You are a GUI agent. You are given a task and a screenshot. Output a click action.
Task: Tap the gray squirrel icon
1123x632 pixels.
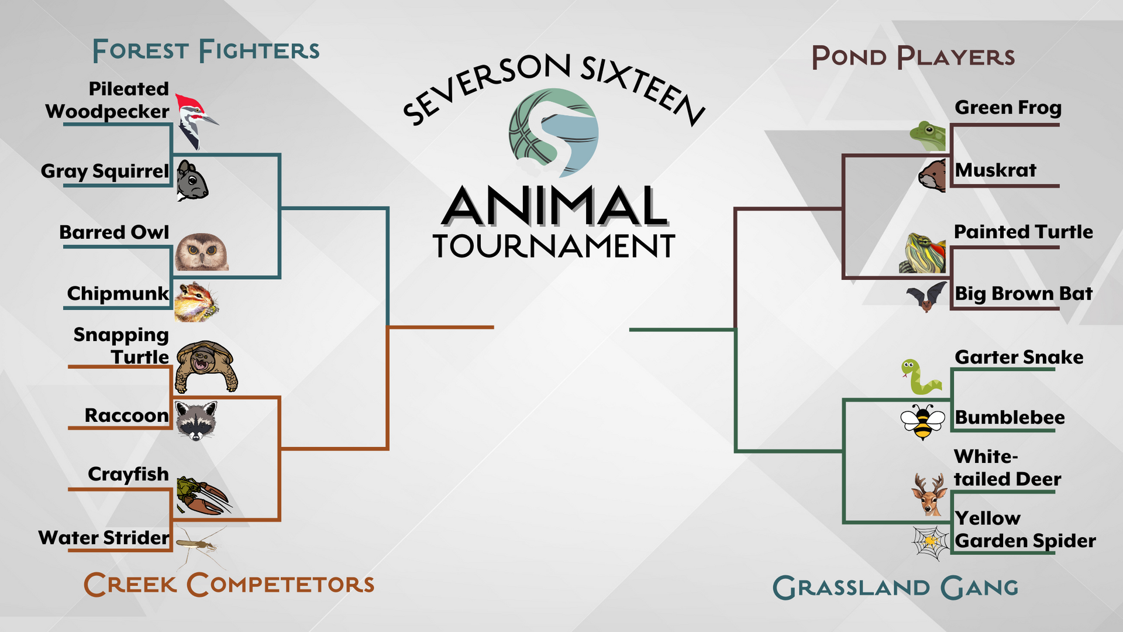[x=192, y=181]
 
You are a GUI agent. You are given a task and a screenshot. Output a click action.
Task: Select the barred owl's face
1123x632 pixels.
[x=202, y=252]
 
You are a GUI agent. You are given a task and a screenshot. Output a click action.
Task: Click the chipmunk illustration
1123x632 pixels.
[x=197, y=302]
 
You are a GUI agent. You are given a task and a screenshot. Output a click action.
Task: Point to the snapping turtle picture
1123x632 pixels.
[x=206, y=366]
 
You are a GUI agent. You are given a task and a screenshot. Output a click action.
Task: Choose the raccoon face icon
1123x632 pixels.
[x=197, y=420]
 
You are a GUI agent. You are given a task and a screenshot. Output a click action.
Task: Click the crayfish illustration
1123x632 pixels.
[x=203, y=496]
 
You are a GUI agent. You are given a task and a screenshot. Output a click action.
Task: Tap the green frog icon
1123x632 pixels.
[x=928, y=136]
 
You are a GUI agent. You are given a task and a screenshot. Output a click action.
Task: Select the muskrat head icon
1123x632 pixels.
[x=932, y=175]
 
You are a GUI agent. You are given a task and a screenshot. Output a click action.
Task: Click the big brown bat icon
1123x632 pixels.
[x=926, y=297]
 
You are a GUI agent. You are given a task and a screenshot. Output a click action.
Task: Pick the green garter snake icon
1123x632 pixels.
[x=921, y=376]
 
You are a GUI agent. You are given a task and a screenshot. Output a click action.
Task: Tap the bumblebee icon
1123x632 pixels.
[x=923, y=421]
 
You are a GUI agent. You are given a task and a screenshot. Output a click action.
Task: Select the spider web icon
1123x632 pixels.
[x=930, y=542]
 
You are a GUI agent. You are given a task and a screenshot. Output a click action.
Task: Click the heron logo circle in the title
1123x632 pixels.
[x=553, y=133]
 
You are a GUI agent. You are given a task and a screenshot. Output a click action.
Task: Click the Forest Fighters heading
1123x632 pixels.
[x=206, y=50]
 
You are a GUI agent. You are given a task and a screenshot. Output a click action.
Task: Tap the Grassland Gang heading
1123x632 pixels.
[x=895, y=588]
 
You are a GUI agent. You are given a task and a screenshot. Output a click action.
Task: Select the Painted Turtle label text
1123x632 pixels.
[x=1023, y=232]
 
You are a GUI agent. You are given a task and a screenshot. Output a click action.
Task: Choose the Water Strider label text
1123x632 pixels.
[x=104, y=537]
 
